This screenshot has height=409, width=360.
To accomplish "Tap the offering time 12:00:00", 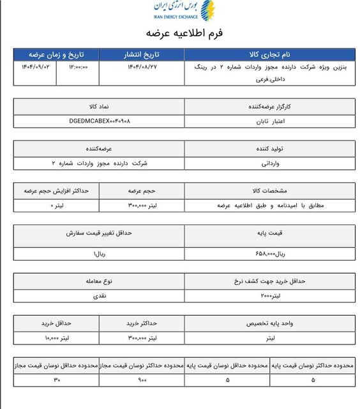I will tap(76, 66).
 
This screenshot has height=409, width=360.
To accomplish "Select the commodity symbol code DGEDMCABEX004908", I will tap(99, 120).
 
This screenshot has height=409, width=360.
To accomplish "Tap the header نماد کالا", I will tap(99, 106).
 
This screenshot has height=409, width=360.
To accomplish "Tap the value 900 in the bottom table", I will tap(142, 381).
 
